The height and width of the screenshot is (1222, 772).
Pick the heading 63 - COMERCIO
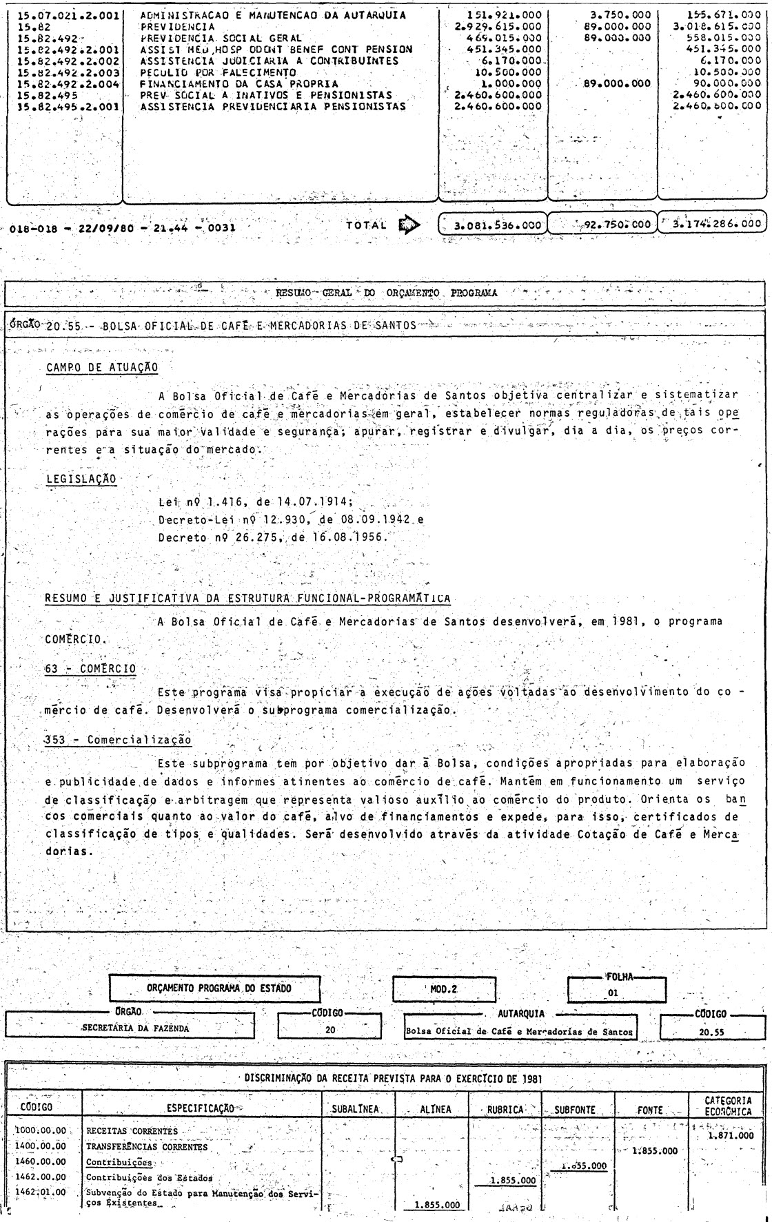[x=90, y=668]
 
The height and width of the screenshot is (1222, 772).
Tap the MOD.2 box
[x=445, y=989]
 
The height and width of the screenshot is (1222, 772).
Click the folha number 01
[x=613, y=993]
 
